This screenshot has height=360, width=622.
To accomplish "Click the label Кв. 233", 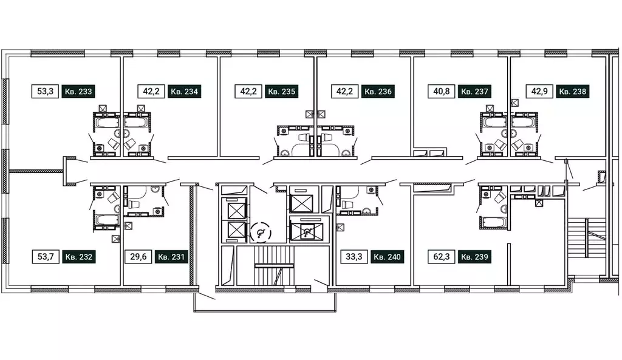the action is click(x=78, y=92).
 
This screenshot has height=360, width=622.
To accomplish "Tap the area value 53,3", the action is click(x=45, y=92).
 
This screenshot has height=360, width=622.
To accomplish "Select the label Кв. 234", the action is click(x=185, y=92).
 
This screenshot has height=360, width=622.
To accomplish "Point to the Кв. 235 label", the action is click(x=282, y=92).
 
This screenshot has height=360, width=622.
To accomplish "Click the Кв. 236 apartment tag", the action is click(x=378, y=92).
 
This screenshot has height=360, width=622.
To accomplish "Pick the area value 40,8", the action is click(x=442, y=92).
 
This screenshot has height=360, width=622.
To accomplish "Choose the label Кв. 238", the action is click(x=572, y=92).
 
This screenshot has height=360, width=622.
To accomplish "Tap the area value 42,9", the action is click(x=539, y=92).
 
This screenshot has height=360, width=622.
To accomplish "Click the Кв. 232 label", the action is click(x=78, y=257).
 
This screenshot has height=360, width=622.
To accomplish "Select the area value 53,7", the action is click(x=45, y=257).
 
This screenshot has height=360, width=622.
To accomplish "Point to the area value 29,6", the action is click(x=138, y=257).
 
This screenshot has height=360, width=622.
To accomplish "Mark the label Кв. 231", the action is click(x=171, y=257).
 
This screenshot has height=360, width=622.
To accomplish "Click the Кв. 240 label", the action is click(x=387, y=257).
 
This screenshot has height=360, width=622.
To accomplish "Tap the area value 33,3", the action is click(x=354, y=257).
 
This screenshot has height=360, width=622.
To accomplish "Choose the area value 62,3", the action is click(x=442, y=257).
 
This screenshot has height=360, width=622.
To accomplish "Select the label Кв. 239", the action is click(x=475, y=257).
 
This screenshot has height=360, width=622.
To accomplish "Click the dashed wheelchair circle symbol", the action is click(x=261, y=233).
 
